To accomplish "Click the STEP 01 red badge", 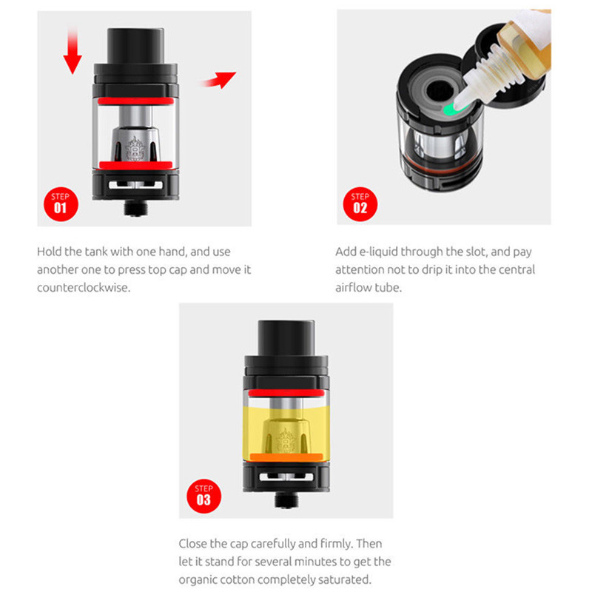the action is (61, 204).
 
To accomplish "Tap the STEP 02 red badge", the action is (360, 204).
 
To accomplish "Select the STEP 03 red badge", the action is (204, 496).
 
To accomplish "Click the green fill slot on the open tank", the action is (451, 110).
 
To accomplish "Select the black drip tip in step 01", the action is (135, 45).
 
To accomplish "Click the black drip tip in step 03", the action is (286, 338).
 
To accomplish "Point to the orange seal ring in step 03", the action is (286, 457).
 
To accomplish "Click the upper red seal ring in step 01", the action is (135, 101).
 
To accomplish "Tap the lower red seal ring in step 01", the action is (135, 165).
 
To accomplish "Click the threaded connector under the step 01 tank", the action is (136, 208).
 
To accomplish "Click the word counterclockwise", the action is (84, 288).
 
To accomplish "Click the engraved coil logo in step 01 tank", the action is (135, 148).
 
